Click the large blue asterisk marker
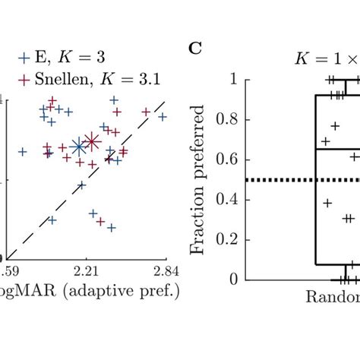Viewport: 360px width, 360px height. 78,147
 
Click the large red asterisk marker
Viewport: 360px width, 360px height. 92,141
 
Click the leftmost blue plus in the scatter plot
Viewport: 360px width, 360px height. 22,152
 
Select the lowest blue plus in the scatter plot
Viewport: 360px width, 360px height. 111,227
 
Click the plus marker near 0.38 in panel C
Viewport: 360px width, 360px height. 327,202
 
